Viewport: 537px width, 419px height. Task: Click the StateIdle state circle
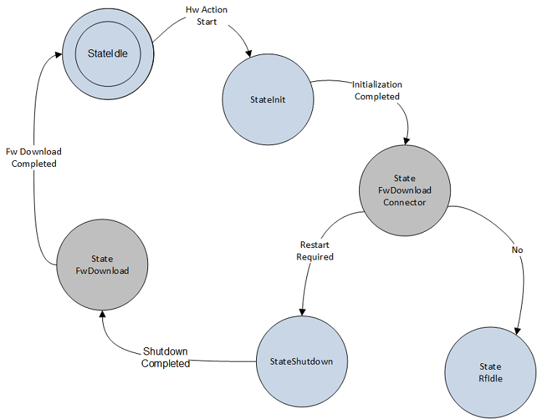tap(107, 52)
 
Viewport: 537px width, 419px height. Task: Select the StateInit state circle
tap(267, 99)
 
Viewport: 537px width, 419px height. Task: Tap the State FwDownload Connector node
tap(405, 190)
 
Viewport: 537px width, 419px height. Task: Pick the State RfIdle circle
tap(490, 372)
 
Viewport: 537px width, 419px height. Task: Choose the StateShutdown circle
tap(301, 360)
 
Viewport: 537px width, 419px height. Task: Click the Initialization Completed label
tap(377, 91)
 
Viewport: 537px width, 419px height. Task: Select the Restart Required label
tap(316, 251)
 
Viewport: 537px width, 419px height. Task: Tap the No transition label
tap(517, 250)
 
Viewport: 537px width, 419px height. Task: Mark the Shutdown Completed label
tap(165, 357)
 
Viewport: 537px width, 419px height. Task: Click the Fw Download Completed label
tap(33, 157)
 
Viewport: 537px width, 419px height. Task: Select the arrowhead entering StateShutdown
tap(300, 312)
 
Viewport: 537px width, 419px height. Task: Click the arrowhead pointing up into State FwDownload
tap(103, 314)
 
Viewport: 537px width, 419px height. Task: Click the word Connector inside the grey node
tap(405, 202)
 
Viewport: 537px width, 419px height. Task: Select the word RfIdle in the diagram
tap(490, 378)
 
